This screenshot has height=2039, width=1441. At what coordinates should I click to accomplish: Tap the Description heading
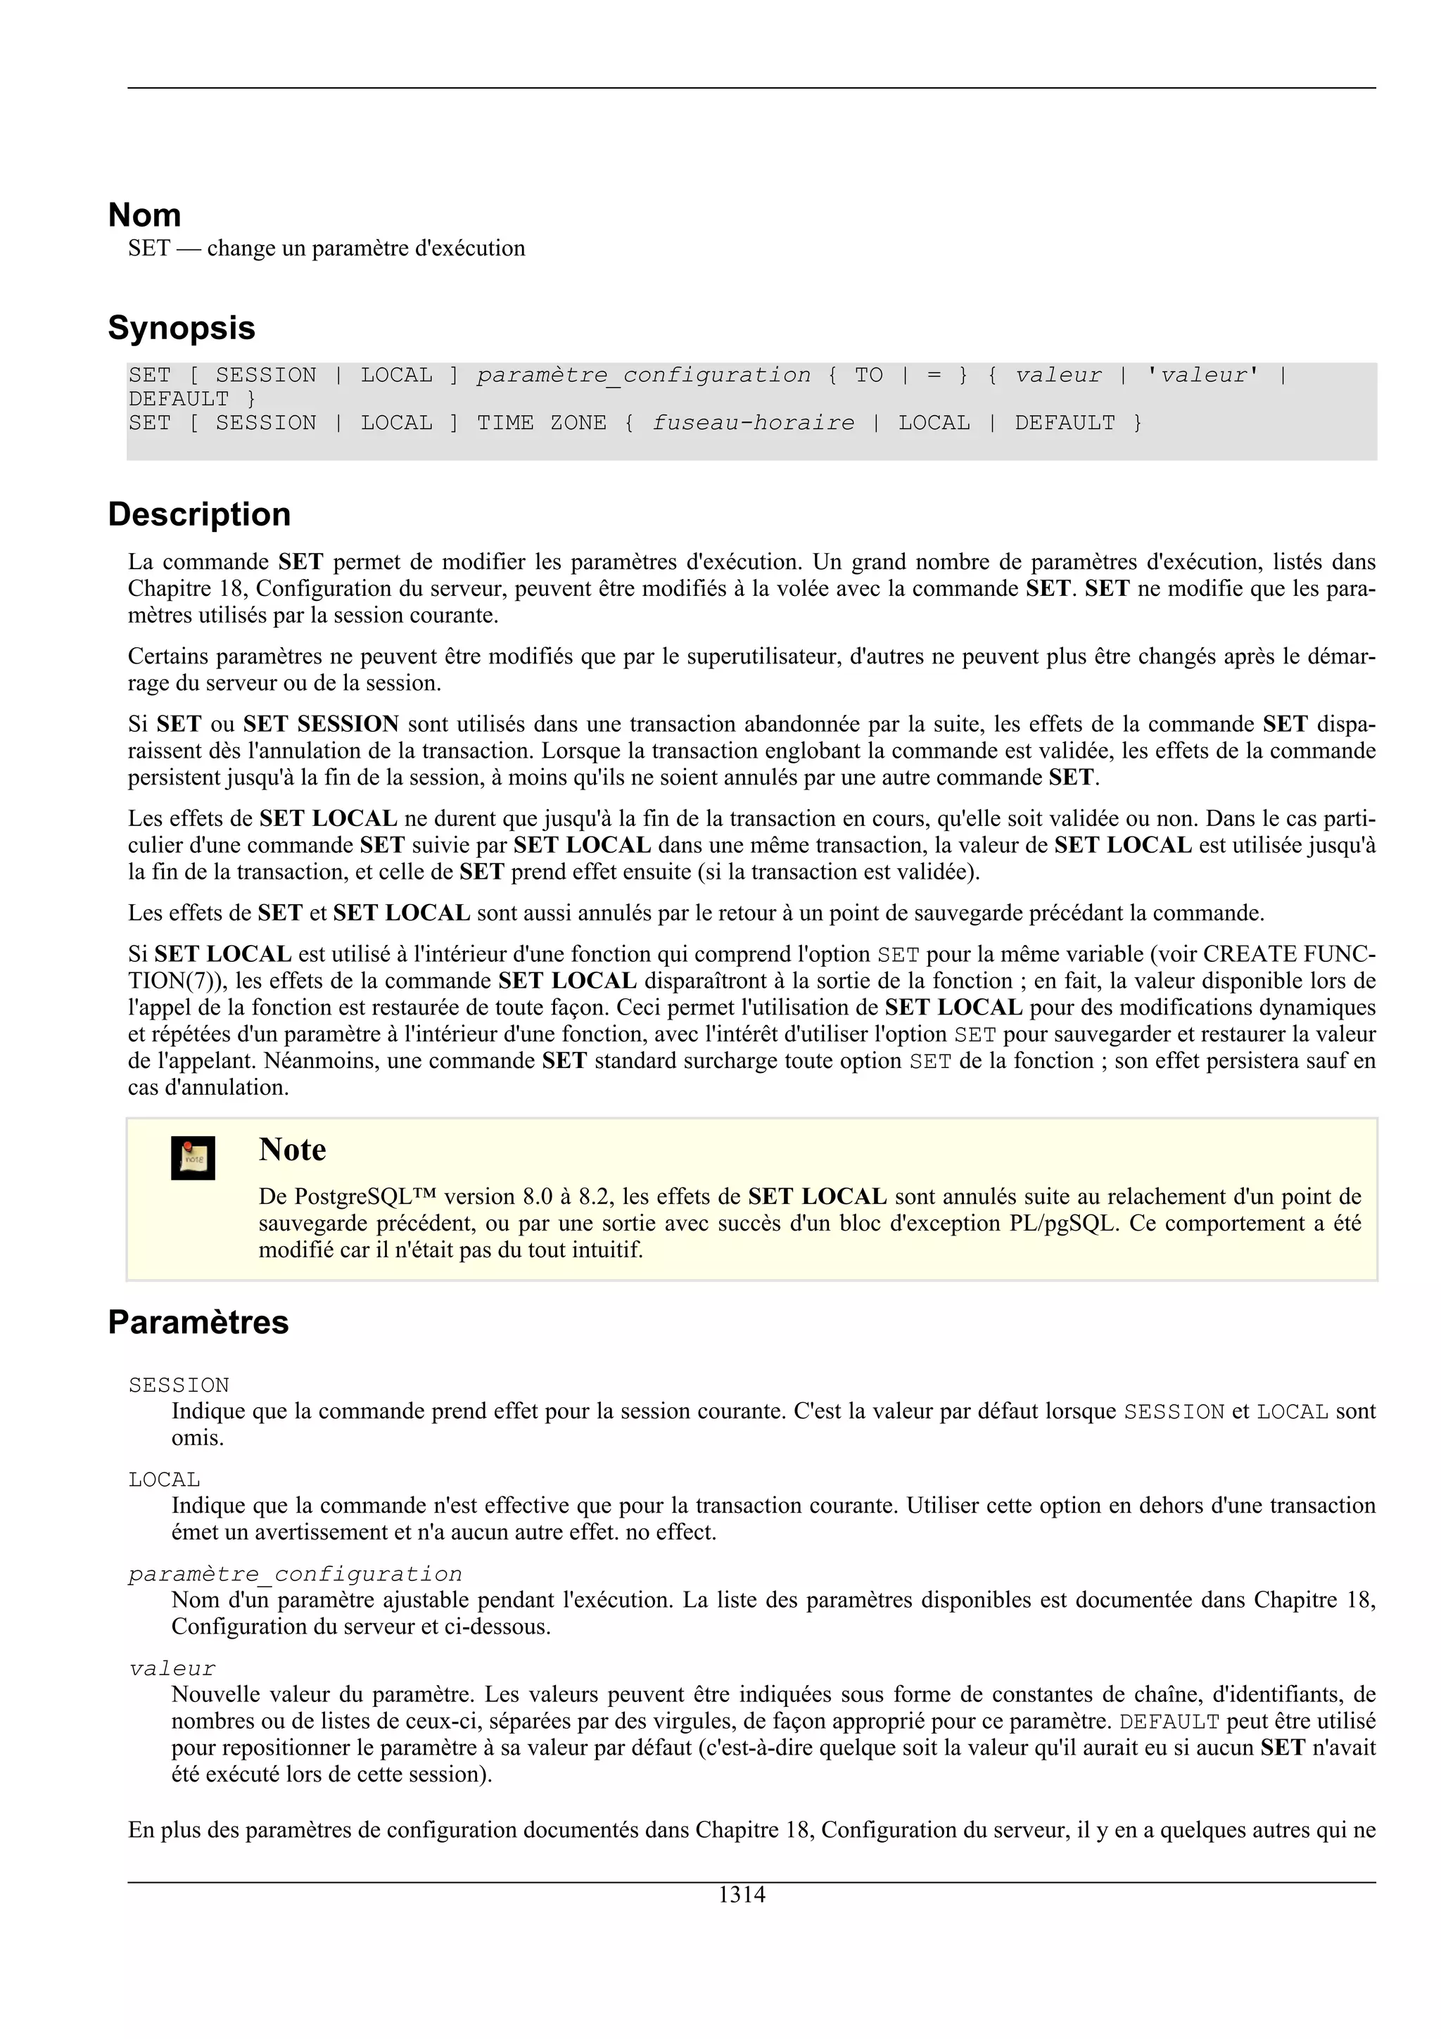pyautogui.click(x=199, y=514)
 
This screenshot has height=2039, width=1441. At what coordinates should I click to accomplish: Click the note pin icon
pyautogui.click(x=193, y=1158)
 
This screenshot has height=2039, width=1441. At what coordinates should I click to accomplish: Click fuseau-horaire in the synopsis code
pyautogui.click(x=753, y=423)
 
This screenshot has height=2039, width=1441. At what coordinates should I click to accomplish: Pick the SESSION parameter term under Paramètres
pyautogui.click(x=179, y=1385)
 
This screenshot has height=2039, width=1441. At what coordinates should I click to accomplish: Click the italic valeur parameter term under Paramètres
pyautogui.click(x=172, y=1669)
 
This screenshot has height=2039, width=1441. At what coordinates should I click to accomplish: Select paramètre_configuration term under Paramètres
pyautogui.click(x=295, y=1575)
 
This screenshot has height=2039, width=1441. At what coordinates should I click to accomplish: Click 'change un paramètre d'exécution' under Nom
pyautogui.click(x=366, y=248)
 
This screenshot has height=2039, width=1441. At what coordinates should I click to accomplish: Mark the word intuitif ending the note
pyautogui.click(x=608, y=1250)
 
